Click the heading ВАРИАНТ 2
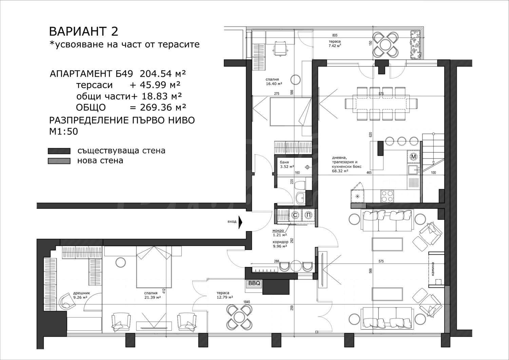point(83,31)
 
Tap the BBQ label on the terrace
point(254,283)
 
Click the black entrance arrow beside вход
point(240,221)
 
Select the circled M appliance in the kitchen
point(414,157)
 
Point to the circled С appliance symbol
point(295,215)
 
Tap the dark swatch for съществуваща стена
point(59,151)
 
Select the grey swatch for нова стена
point(59,161)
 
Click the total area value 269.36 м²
point(163,107)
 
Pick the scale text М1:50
point(64,131)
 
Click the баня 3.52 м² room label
point(287,165)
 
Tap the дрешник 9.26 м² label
point(81,295)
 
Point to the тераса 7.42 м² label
point(335,43)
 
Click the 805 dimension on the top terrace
point(335,35)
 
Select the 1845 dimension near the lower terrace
point(247,302)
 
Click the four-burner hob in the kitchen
point(387,196)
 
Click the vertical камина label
point(433,269)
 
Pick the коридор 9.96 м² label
point(280,244)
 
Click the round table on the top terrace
point(386,44)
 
